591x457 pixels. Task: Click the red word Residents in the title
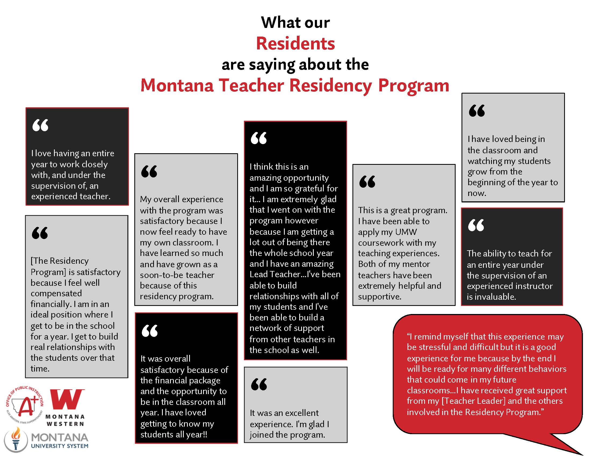tap(295, 43)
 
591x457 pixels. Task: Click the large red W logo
tap(67, 399)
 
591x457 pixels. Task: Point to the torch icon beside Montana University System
tap(16, 439)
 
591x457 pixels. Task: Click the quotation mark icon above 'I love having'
tap(40, 125)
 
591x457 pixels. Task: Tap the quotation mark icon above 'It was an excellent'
tap(259, 384)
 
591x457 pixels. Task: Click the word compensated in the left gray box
tap(56, 293)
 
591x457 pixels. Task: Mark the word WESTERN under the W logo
tap(65, 424)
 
